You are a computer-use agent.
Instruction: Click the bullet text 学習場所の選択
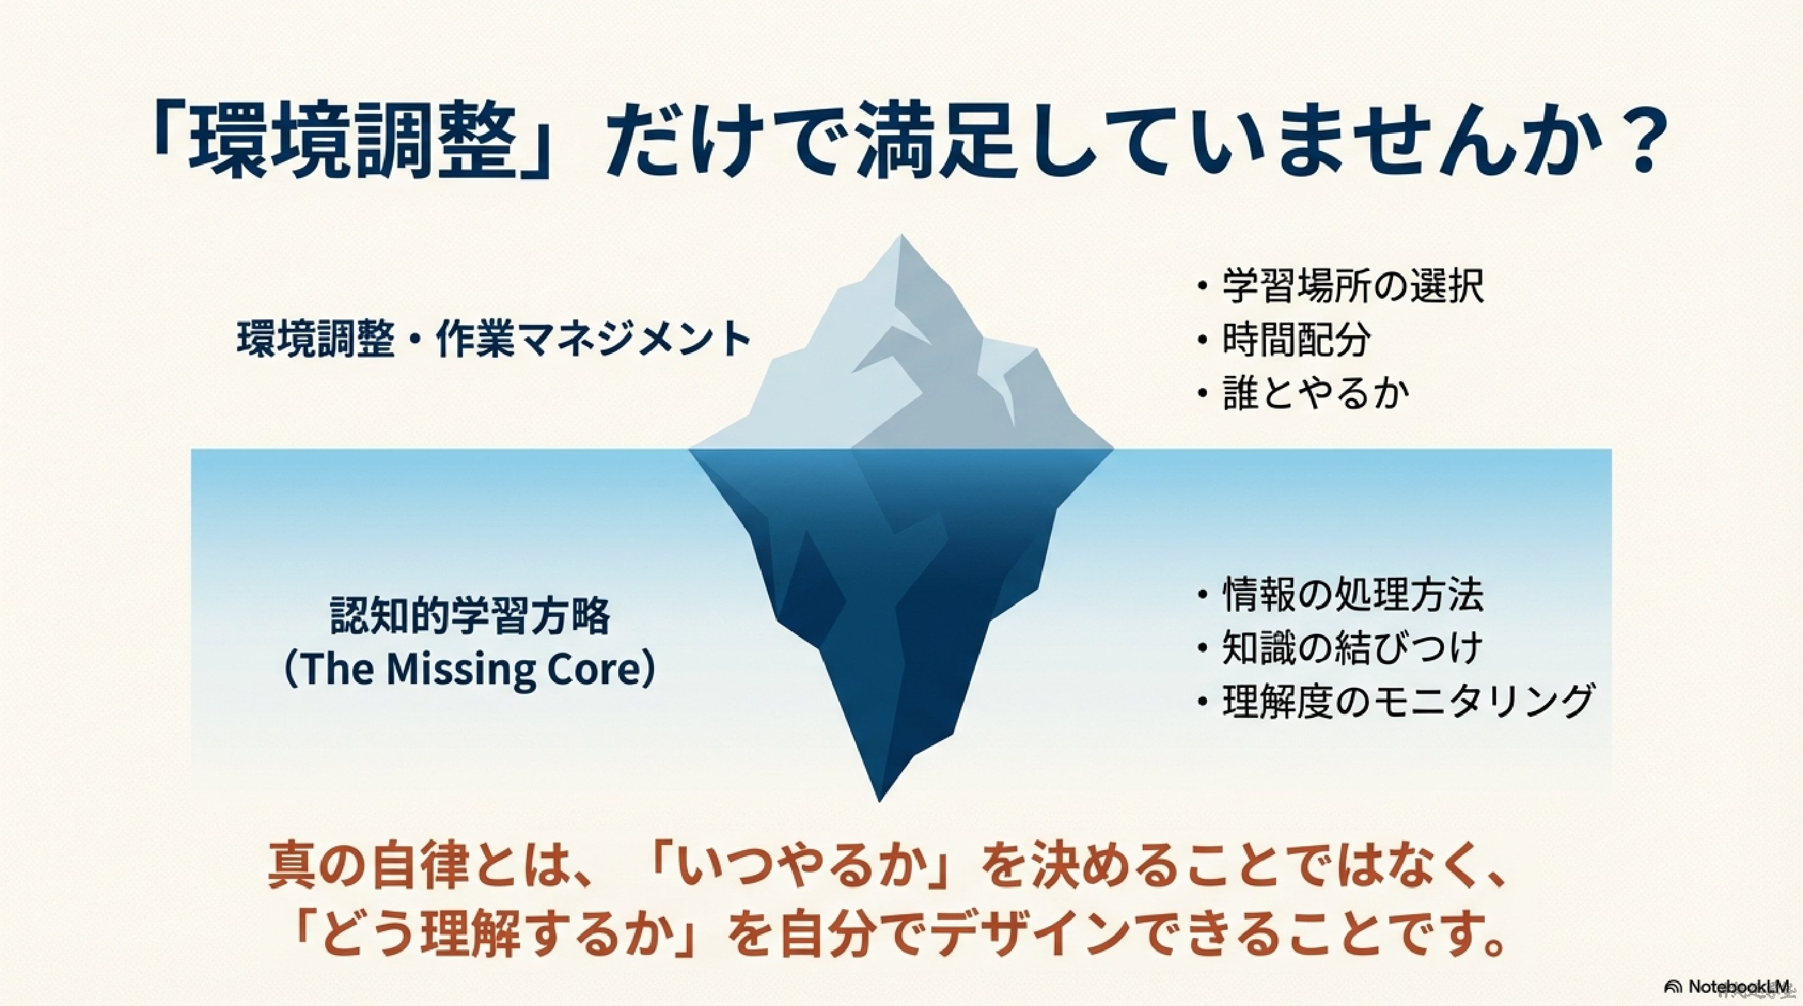pyautogui.click(x=1353, y=287)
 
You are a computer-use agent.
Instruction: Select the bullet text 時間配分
pyautogui.click(x=1296, y=340)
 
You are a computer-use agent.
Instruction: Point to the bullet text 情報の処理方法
pyautogui.click(x=1353, y=595)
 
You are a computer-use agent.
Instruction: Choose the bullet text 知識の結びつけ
pyautogui.click(x=1352, y=648)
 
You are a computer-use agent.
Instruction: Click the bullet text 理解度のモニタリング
pyautogui.click(x=1406, y=702)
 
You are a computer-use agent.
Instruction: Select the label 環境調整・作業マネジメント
pyautogui.click(x=494, y=340)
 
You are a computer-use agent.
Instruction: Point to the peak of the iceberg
pyautogui.click(x=901, y=236)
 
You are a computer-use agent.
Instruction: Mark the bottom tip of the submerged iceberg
pyautogui.click(x=880, y=800)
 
